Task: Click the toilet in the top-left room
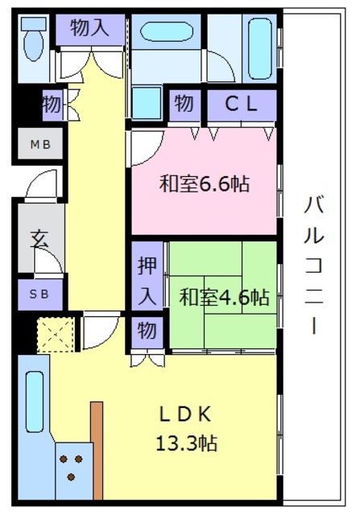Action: click(x=34, y=39)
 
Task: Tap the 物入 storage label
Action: click(x=89, y=27)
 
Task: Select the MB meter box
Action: click(x=40, y=144)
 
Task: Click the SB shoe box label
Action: click(x=39, y=294)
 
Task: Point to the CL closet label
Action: click(x=241, y=104)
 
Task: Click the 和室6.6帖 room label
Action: click(x=205, y=184)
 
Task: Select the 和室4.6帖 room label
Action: click(x=224, y=297)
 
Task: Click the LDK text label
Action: click(x=185, y=414)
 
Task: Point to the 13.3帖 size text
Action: click(x=186, y=443)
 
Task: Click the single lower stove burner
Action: click(x=71, y=476)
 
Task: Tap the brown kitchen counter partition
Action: click(x=97, y=451)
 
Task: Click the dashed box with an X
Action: click(x=56, y=335)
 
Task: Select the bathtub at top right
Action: click(x=259, y=48)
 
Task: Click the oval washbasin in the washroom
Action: click(x=167, y=31)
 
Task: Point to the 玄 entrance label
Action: click(x=39, y=239)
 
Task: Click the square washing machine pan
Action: click(x=147, y=102)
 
